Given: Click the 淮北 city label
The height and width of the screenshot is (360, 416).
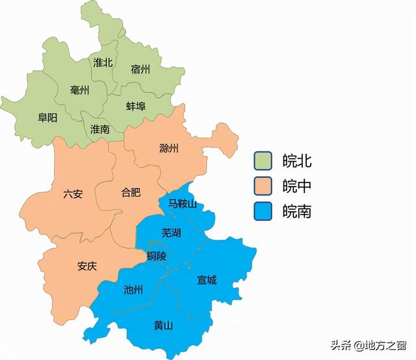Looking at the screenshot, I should click(103, 62).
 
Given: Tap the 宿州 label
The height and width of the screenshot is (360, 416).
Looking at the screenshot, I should click(140, 68).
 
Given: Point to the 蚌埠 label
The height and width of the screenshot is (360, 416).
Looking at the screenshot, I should click(136, 105).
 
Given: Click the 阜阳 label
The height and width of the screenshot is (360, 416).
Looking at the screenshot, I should click(47, 118).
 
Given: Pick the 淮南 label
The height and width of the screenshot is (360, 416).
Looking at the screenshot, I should click(100, 128).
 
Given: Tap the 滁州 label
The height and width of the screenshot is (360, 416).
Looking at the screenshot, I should click(169, 148).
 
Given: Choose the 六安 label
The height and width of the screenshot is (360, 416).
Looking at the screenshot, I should click(73, 194).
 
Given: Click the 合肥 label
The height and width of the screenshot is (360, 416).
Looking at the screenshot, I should click(131, 192).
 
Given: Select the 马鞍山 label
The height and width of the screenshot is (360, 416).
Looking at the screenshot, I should click(183, 203).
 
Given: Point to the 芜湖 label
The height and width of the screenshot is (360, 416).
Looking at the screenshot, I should click(171, 232).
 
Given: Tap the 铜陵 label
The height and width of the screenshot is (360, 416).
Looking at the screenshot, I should click(157, 256).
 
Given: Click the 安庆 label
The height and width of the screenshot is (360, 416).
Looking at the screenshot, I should click(87, 266).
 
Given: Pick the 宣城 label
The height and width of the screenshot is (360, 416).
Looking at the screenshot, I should click(207, 280).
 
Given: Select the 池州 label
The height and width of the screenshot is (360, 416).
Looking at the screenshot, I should click(133, 290).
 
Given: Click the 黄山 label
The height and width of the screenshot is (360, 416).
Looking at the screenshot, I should click(164, 325).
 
